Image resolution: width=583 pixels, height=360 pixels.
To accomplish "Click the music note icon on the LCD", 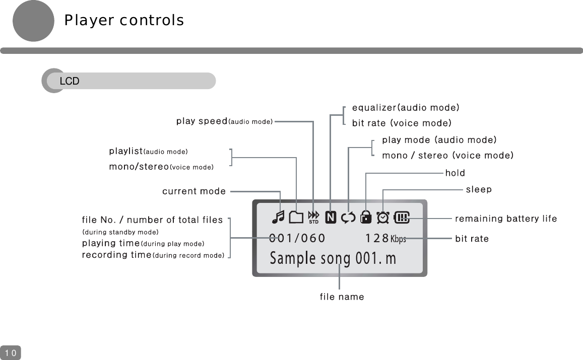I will [278, 217].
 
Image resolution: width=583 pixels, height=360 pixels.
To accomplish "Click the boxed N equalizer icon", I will [331, 218].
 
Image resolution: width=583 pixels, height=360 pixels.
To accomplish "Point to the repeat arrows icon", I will [348, 218].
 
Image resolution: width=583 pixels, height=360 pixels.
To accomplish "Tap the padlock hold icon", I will [366, 217].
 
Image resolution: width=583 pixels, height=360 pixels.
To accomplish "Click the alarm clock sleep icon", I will [383, 217].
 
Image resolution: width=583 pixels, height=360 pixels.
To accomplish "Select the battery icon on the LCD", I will [402, 218].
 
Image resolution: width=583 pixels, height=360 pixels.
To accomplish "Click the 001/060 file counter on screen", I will [297, 238].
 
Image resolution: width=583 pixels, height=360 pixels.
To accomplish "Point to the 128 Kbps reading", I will [385, 238].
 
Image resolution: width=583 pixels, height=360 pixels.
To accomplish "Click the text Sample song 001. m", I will [333, 258].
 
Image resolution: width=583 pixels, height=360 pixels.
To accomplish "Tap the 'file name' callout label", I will [342, 297].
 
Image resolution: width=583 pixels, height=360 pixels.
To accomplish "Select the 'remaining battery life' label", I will [506, 219].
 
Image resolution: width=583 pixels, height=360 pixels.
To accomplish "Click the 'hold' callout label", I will [455, 173].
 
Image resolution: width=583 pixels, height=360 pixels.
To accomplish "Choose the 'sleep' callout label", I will [478, 189].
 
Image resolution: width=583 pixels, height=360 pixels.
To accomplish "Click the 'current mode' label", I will [194, 191].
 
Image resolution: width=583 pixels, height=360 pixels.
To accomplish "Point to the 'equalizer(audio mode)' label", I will [405, 107].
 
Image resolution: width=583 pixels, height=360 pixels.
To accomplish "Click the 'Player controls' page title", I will [123, 20].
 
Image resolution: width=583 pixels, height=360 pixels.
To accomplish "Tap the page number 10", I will [11, 353].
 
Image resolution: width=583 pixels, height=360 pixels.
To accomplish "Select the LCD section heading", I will [70, 81].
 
